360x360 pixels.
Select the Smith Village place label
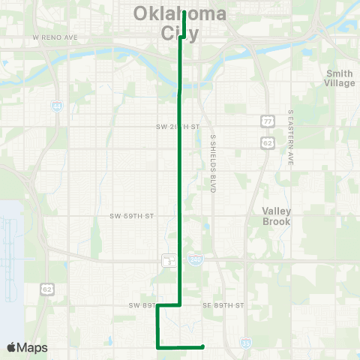click(340, 78)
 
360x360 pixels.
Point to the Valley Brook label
click(276, 216)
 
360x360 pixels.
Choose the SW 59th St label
click(131, 216)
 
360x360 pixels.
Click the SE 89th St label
click(223, 305)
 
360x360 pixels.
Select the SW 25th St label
click(178, 126)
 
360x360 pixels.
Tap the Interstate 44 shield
click(57, 107)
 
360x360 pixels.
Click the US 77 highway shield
click(267, 120)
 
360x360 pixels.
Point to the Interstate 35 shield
click(246, 343)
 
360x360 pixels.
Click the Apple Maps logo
click(27, 347)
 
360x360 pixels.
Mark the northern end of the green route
click(184, 13)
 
